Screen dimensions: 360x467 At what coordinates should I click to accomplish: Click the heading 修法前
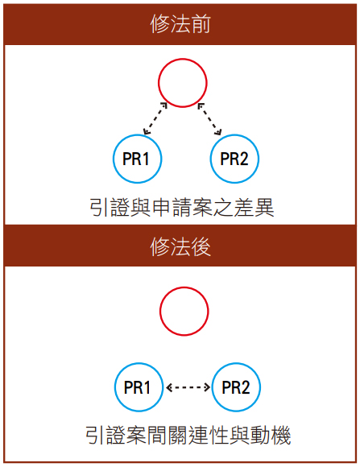click(180, 24)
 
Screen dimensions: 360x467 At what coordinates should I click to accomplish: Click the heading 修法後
click(180, 246)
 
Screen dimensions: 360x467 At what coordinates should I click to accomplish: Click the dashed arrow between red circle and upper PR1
click(155, 118)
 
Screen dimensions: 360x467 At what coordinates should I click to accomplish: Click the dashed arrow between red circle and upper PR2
click(210, 119)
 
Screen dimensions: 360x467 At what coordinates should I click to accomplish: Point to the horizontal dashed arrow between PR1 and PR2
click(188, 387)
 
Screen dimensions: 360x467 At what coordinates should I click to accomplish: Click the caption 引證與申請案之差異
click(182, 207)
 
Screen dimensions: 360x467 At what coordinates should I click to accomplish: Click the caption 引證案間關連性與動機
click(188, 436)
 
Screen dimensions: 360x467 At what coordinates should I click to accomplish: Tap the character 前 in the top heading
click(201, 24)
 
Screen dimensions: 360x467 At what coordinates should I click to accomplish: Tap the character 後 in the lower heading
click(201, 246)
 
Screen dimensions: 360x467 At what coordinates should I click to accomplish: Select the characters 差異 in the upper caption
click(254, 207)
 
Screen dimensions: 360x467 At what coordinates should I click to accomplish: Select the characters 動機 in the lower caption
click(271, 436)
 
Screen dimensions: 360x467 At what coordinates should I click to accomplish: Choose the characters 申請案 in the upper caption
click(182, 207)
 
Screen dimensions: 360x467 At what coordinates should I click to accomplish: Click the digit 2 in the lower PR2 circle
click(244, 387)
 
